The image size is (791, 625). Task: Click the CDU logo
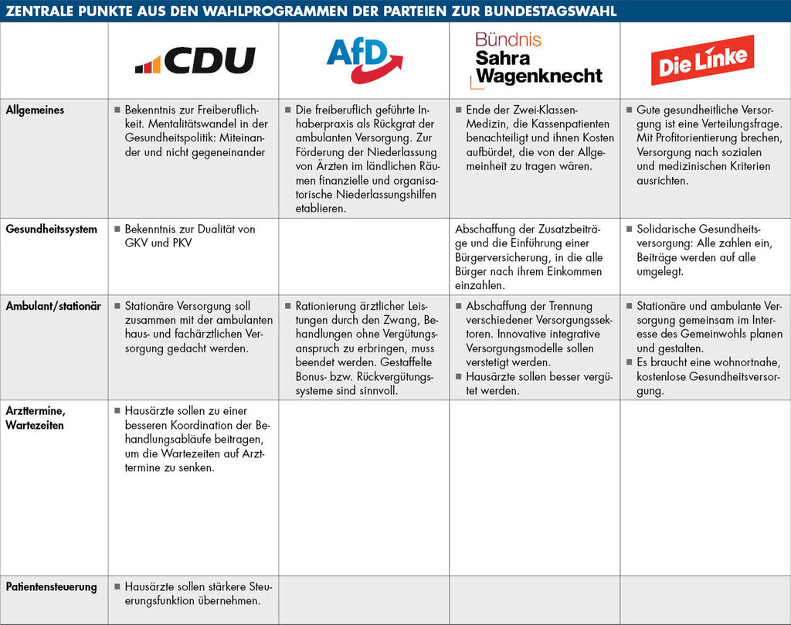coord(195,60)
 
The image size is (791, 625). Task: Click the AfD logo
coord(364,59)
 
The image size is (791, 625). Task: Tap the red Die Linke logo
coord(702,59)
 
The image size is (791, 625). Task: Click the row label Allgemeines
coord(35,110)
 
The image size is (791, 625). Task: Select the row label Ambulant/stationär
coord(53,306)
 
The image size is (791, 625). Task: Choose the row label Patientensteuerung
coord(51,587)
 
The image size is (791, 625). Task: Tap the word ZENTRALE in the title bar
coord(38,11)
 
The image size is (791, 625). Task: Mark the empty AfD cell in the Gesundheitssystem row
coord(364,256)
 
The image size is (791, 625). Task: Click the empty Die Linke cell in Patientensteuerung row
coord(705,600)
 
